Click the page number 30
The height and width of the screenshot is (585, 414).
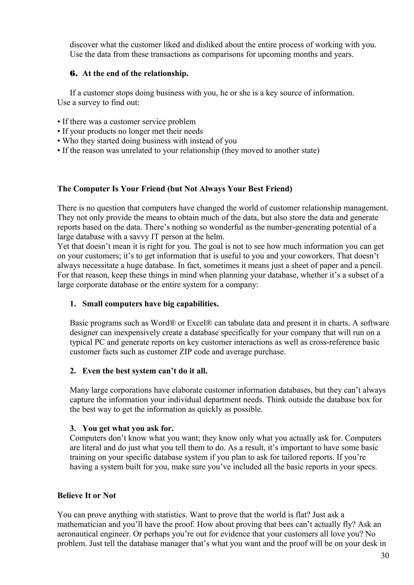(385, 556)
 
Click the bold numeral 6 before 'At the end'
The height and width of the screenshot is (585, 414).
(73, 74)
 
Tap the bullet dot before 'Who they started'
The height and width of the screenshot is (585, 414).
(59, 141)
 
